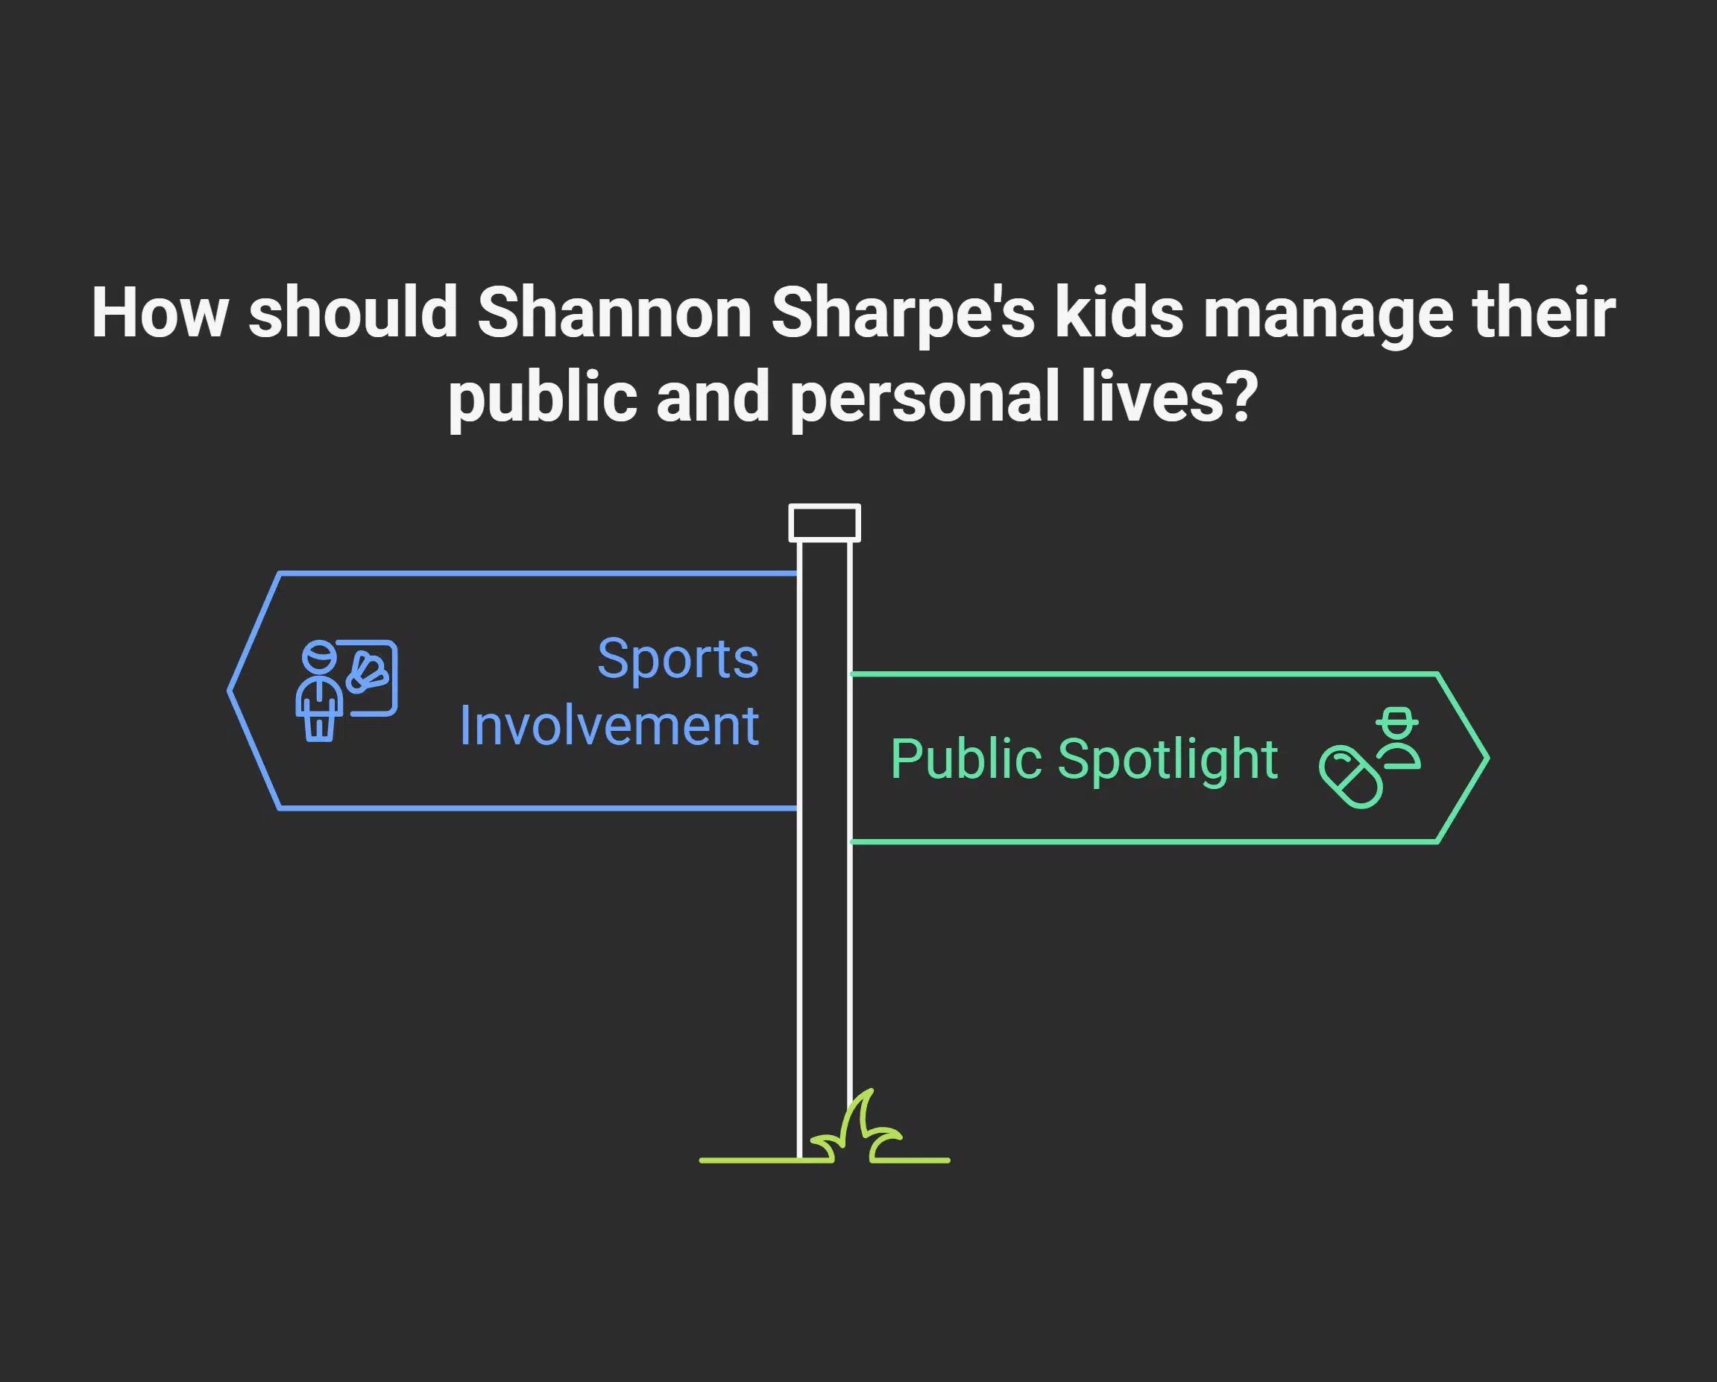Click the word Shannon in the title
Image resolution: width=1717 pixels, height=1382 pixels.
click(x=614, y=313)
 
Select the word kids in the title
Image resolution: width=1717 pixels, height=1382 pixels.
click(x=1119, y=313)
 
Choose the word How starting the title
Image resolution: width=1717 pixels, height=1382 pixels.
click(x=160, y=313)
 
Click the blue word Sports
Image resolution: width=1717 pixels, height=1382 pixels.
click(x=678, y=660)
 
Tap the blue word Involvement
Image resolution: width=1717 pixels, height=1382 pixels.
click(x=609, y=726)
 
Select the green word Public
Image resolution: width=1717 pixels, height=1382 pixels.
click(x=965, y=759)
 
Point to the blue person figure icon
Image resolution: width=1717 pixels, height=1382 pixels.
click(x=319, y=691)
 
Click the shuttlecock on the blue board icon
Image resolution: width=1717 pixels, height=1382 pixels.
click(x=367, y=673)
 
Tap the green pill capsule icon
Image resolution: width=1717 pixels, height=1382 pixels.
click(x=1350, y=777)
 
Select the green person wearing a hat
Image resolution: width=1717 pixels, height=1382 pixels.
click(x=1399, y=738)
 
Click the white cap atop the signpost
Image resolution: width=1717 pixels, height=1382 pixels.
click(x=825, y=523)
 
